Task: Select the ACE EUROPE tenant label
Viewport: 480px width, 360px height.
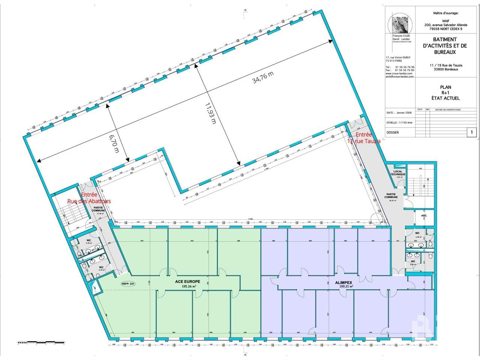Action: [x=187, y=281]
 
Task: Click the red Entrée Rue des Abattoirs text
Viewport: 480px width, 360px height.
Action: [x=89, y=198]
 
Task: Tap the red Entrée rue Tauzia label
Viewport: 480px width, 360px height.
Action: [x=363, y=138]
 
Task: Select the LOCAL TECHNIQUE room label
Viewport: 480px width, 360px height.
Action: [x=397, y=173]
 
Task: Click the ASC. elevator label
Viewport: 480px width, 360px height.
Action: [x=424, y=216]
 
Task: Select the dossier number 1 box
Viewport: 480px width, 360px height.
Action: [x=471, y=132]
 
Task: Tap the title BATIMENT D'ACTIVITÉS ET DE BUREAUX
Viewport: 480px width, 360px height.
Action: [x=445, y=46]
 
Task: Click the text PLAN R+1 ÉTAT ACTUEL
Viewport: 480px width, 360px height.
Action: [x=445, y=93]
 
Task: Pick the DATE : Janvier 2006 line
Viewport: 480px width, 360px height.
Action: [x=400, y=112]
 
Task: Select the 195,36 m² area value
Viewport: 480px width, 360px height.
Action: [x=187, y=286]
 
